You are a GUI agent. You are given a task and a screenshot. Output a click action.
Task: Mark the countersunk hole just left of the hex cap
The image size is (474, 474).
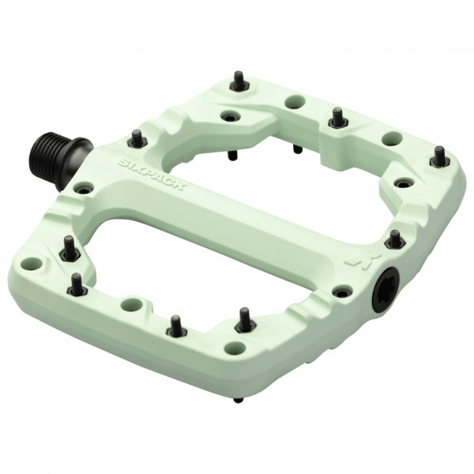[341, 292]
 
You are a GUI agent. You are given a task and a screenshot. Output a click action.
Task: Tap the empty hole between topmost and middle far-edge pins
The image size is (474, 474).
[295, 101]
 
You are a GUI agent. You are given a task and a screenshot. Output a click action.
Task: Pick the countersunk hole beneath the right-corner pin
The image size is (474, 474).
[404, 183]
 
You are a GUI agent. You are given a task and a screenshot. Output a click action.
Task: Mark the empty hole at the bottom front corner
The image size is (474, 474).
[235, 348]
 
